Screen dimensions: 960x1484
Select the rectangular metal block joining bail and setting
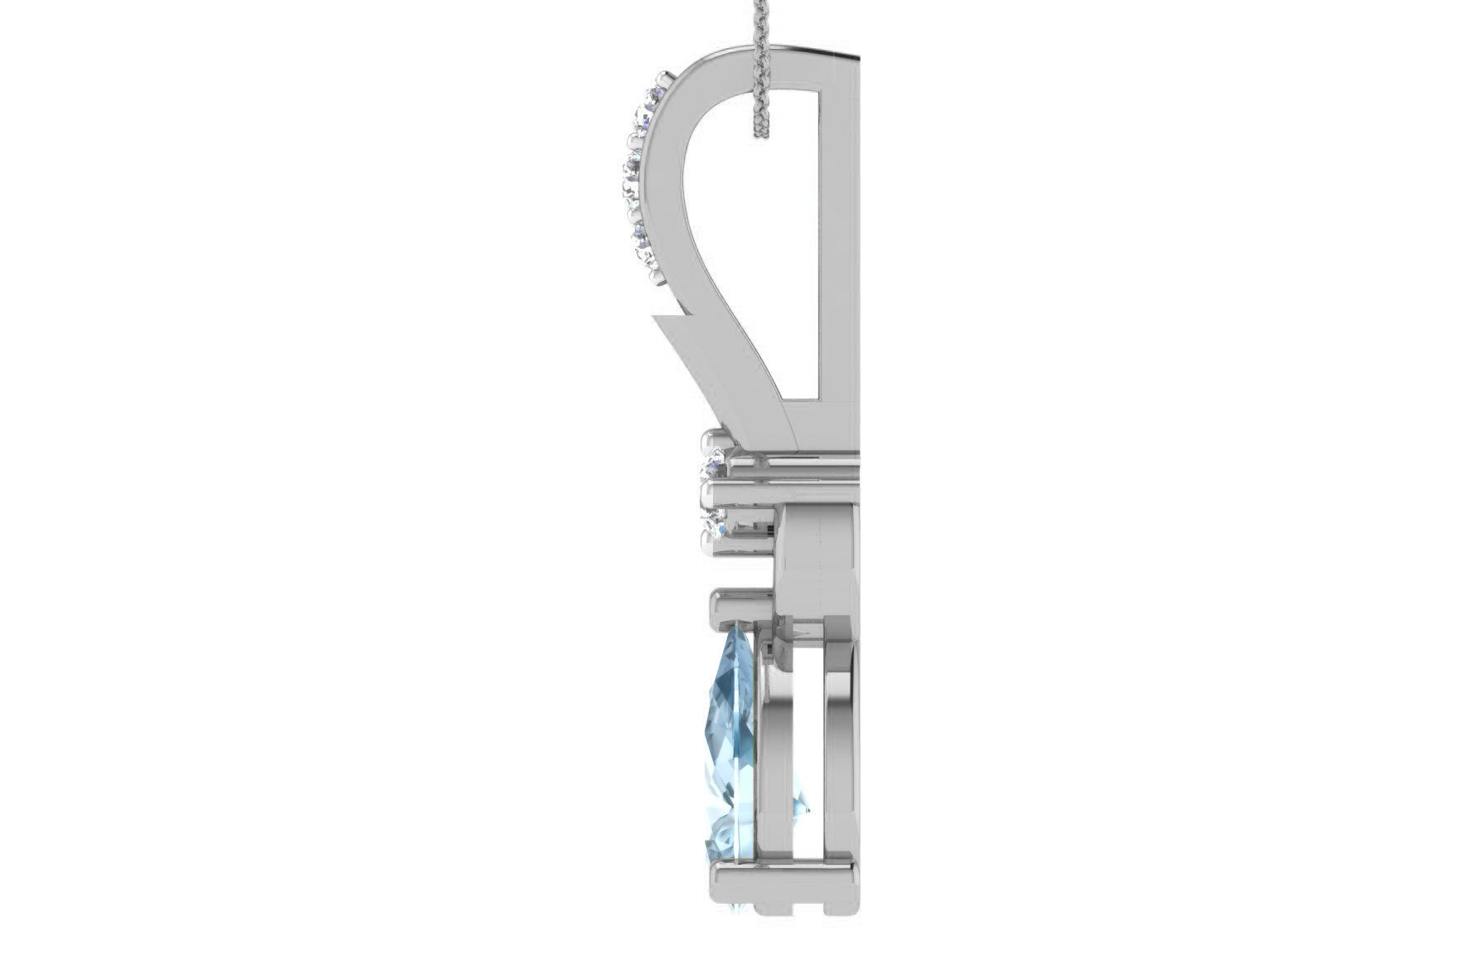[x=817, y=564]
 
